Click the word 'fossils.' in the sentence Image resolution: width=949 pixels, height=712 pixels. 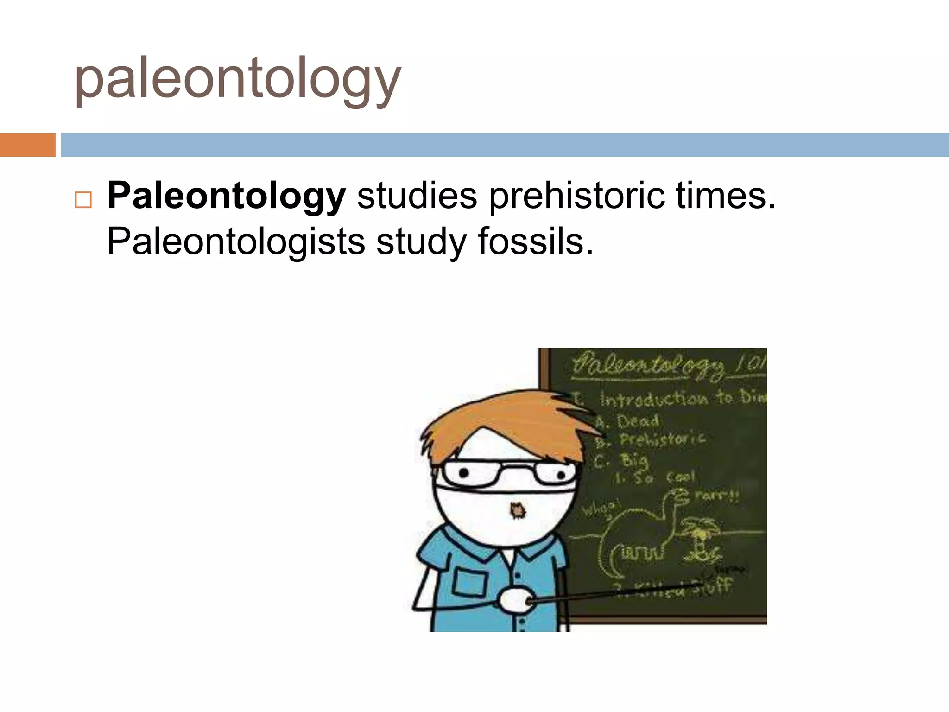(x=535, y=241)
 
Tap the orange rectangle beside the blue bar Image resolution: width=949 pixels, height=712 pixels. (x=27, y=145)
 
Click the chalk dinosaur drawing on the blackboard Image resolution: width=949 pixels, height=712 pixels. (x=639, y=533)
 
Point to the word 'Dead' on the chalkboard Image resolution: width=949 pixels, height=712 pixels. (x=638, y=421)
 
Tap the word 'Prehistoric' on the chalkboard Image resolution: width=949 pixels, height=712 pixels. (x=663, y=439)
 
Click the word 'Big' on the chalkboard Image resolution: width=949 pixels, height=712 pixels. (x=634, y=460)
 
